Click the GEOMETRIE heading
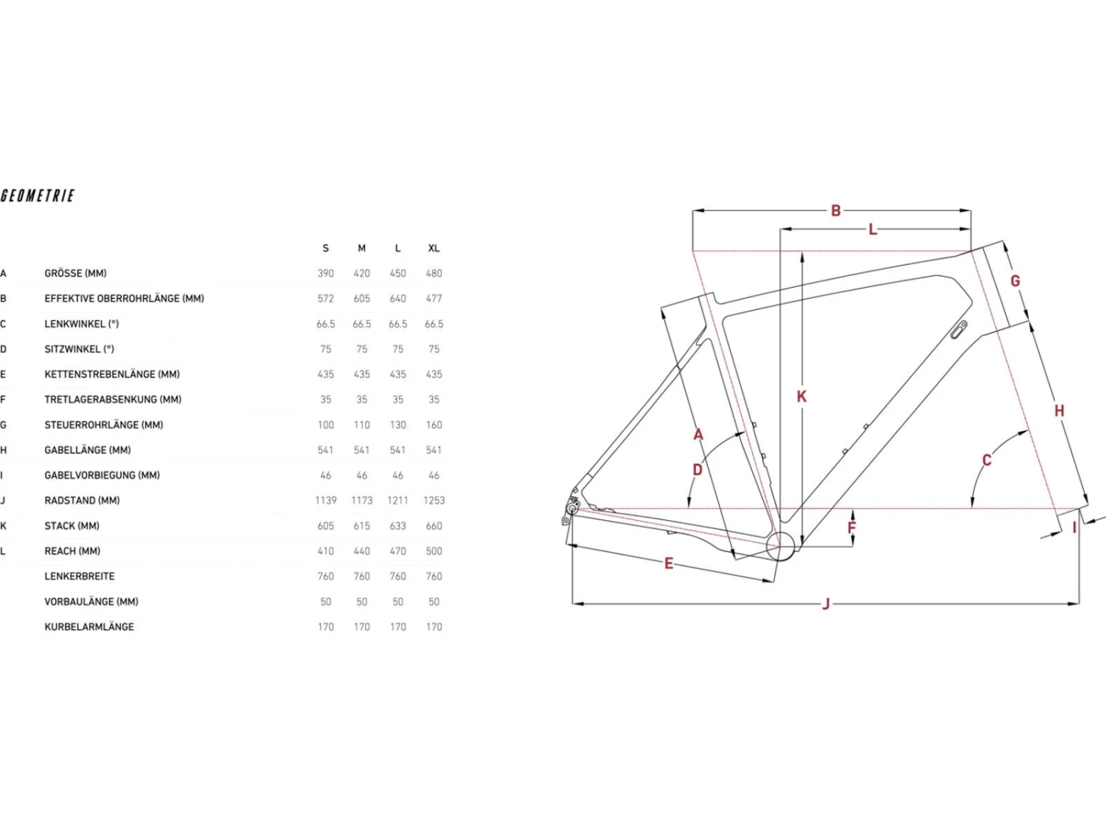click(x=38, y=196)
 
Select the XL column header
click(x=434, y=249)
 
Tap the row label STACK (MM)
click(x=72, y=526)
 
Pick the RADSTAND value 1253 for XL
click(x=434, y=501)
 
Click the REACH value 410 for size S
click(x=325, y=551)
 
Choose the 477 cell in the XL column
click(x=434, y=299)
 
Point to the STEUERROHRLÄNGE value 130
click(x=397, y=426)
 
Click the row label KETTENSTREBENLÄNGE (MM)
click(x=112, y=375)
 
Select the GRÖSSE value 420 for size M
click(x=362, y=274)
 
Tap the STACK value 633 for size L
click(x=397, y=526)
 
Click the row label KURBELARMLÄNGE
click(x=89, y=627)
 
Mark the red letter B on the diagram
click(x=836, y=211)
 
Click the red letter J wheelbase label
click(x=826, y=604)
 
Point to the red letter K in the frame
click(x=801, y=397)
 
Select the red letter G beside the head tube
click(x=1015, y=280)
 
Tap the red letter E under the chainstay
click(x=669, y=564)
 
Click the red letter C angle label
click(x=987, y=460)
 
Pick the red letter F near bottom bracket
click(x=852, y=528)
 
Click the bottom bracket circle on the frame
click(x=781, y=560)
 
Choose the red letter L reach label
click(x=873, y=229)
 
